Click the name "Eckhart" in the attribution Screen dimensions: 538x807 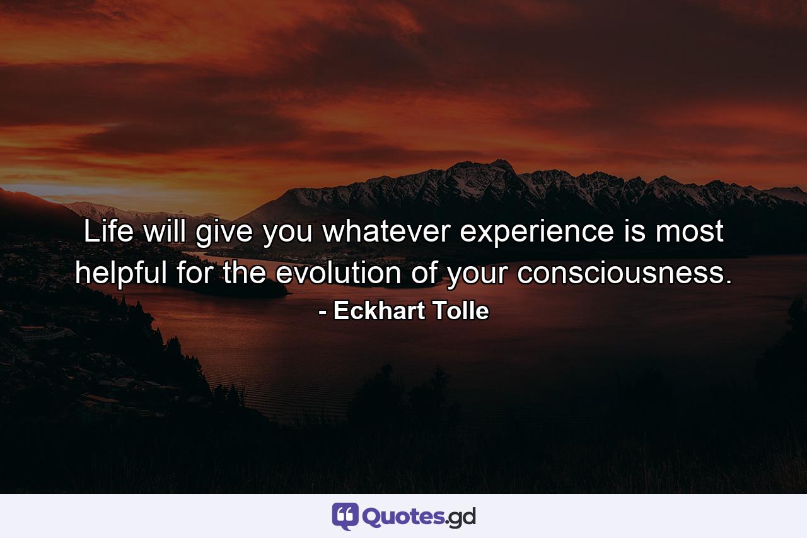379,311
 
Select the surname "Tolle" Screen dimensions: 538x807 460,311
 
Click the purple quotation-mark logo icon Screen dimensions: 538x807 345,516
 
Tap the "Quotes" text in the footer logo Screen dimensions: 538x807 403,517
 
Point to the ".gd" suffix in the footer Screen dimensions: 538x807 461,517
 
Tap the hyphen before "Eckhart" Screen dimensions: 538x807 323,312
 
